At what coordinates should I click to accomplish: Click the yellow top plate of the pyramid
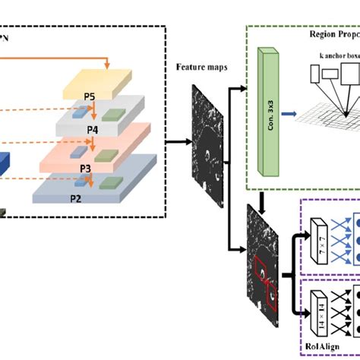(106, 81)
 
